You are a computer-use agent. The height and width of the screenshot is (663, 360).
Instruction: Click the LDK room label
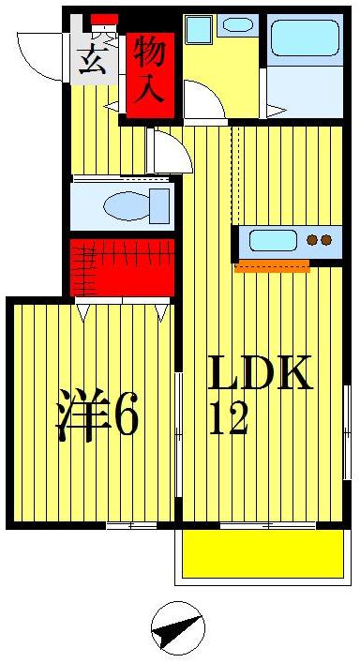[x=259, y=375]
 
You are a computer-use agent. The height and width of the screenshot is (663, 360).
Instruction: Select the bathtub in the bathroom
[x=304, y=41]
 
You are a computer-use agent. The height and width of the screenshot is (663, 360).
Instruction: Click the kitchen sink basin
[x=273, y=240]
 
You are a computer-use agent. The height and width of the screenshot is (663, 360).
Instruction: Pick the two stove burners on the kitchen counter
[x=320, y=240]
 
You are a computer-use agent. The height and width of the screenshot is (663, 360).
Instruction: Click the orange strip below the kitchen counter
[x=272, y=266]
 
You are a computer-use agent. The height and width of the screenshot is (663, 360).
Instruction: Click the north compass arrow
[x=178, y=628]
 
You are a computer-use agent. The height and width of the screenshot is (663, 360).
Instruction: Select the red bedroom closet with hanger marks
[x=123, y=267]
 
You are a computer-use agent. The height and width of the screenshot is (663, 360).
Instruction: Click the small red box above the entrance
[x=104, y=20]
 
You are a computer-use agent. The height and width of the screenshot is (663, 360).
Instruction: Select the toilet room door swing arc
[x=169, y=150]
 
